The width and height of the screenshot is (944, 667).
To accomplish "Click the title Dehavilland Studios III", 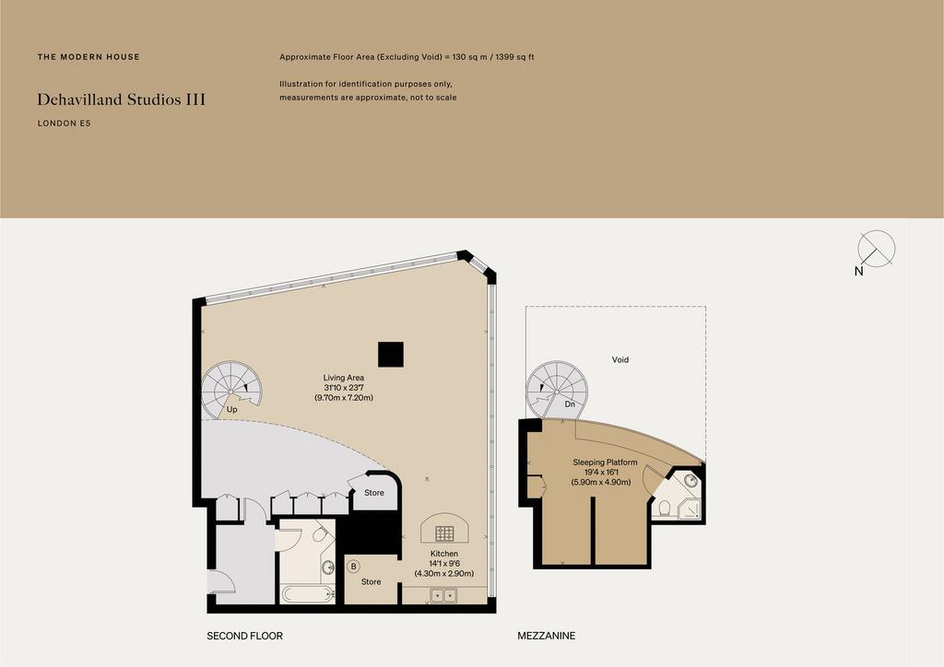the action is [121, 99].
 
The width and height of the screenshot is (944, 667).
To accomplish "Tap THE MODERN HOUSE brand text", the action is [88, 57].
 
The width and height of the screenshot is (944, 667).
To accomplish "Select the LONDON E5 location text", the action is [64, 123].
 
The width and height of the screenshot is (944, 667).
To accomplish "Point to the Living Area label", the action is [344, 378].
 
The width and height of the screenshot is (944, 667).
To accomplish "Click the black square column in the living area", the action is [391, 355].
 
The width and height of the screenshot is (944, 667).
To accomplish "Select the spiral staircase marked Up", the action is [231, 390].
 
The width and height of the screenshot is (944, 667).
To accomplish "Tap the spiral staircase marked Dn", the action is [557, 390].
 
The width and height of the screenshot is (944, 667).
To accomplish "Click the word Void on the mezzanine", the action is [620, 359].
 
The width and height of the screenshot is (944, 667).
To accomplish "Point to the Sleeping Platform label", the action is [605, 462].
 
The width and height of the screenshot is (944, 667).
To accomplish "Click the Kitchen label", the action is [444, 554].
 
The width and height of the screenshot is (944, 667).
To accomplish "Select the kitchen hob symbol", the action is [445, 532].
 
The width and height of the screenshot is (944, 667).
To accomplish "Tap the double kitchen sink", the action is [443, 595].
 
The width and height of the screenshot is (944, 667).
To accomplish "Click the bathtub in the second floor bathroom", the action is [308, 594].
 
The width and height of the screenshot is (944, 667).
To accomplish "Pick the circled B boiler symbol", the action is [353, 567].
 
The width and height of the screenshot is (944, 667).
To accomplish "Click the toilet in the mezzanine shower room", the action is [665, 509].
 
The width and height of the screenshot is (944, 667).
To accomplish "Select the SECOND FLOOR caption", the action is [244, 636].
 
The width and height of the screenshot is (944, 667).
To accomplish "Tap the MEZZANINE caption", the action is [547, 636].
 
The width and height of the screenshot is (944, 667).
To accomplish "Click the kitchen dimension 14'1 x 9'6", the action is [444, 564].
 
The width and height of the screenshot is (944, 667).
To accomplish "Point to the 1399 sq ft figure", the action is [515, 57].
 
